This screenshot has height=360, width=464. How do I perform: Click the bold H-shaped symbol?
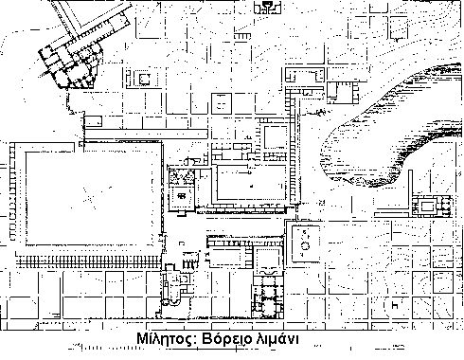point(395,305)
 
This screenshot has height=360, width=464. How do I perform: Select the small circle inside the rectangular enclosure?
point(305,245)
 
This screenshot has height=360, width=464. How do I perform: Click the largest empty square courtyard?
point(94,198)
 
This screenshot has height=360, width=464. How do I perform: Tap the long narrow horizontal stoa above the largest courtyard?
point(146,134)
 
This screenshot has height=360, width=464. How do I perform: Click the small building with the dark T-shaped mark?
point(267,7)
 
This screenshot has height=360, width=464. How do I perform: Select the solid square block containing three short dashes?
point(222,103)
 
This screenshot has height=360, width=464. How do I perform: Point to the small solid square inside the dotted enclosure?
point(144,79)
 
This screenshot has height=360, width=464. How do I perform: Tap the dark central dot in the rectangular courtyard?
point(252,187)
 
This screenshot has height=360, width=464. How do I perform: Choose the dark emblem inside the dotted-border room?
point(181,196)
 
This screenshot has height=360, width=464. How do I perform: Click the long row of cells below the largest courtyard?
point(90,261)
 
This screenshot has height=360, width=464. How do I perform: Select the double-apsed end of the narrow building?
point(171,302)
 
